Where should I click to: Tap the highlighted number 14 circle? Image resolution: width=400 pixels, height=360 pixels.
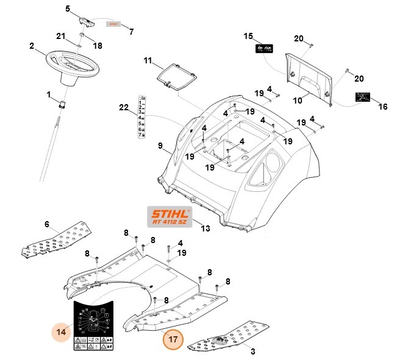62,332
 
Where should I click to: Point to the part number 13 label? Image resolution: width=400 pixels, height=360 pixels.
205,228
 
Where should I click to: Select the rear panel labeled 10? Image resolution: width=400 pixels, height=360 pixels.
309,75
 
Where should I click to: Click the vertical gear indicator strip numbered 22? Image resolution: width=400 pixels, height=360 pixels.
142,116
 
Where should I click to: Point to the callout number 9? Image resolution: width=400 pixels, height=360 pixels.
160,146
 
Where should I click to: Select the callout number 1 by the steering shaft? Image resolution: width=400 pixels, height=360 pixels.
48,94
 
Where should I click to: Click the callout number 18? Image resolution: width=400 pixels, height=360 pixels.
98,46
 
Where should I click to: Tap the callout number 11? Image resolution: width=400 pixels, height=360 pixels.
148,60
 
